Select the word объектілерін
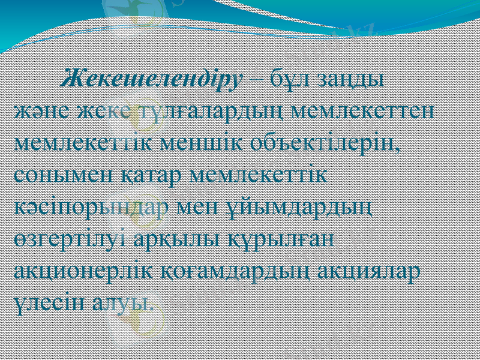coord(334,144)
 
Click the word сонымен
coord(58,175)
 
